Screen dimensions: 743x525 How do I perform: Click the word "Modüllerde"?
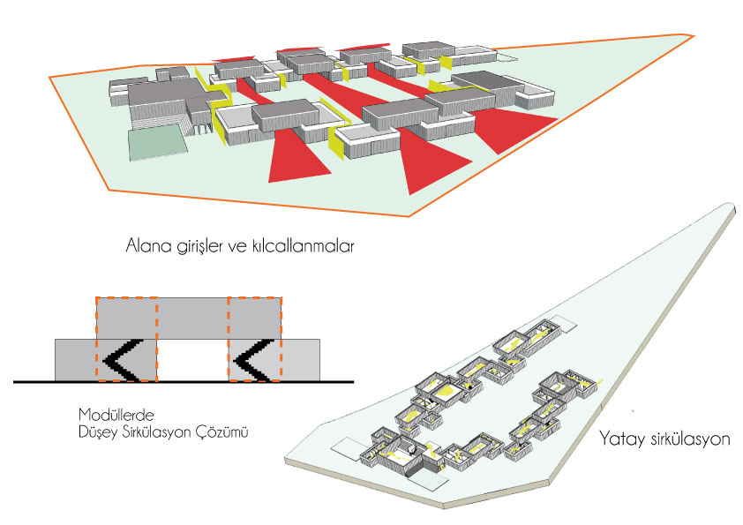116,415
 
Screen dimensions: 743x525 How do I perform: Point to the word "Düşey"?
98,432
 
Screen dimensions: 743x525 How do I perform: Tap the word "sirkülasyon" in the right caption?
689,439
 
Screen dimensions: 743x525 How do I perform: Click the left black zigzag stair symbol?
123,361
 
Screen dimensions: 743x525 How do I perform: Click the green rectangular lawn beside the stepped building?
158,141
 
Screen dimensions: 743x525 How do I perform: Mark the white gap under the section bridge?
192,360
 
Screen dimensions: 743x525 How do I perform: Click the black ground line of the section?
184,381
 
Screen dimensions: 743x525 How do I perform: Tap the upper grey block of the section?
189,318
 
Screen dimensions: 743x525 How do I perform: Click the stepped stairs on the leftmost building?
156,121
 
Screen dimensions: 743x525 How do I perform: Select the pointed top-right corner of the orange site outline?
694,36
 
